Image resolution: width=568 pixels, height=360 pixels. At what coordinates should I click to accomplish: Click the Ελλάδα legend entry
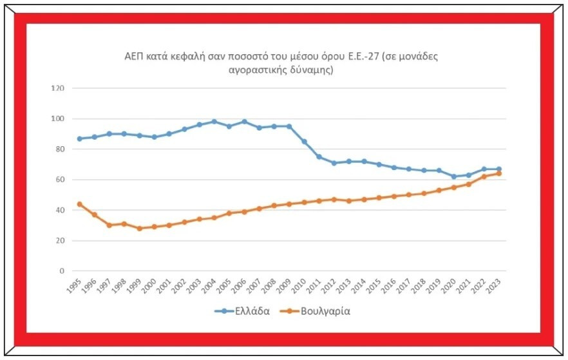click(242, 311)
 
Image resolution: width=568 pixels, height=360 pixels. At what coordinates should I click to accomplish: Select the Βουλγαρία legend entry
click(316, 311)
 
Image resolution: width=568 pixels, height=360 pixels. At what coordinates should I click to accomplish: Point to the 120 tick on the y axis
click(57, 88)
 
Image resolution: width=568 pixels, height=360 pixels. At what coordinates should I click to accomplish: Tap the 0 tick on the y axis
click(62, 271)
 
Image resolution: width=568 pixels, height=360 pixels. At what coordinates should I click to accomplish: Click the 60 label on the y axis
click(59, 180)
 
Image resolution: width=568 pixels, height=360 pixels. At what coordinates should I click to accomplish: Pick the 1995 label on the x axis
click(74, 286)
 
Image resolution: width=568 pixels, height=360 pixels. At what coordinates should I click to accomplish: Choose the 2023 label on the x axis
click(494, 286)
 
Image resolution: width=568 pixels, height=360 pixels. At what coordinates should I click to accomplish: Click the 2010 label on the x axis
click(299, 286)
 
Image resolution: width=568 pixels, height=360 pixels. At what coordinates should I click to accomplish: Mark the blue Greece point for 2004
click(214, 122)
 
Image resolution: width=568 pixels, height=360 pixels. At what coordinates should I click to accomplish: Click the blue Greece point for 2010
click(304, 142)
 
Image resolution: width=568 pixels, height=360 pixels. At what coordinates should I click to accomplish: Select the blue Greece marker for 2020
click(454, 176)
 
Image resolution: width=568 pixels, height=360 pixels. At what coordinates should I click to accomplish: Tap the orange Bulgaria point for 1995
click(80, 204)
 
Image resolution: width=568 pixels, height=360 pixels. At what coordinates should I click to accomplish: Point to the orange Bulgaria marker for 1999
click(140, 229)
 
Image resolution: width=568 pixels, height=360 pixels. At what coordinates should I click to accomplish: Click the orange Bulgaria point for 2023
click(499, 173)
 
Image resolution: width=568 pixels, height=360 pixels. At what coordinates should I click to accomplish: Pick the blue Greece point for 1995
click(80, 138)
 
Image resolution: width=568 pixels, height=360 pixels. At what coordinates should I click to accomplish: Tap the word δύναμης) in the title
click(312, 70)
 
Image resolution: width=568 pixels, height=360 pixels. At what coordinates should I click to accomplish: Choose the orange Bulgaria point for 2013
click(349, 201)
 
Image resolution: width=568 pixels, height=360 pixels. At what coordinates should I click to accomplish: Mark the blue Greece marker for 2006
click(244, 122)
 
